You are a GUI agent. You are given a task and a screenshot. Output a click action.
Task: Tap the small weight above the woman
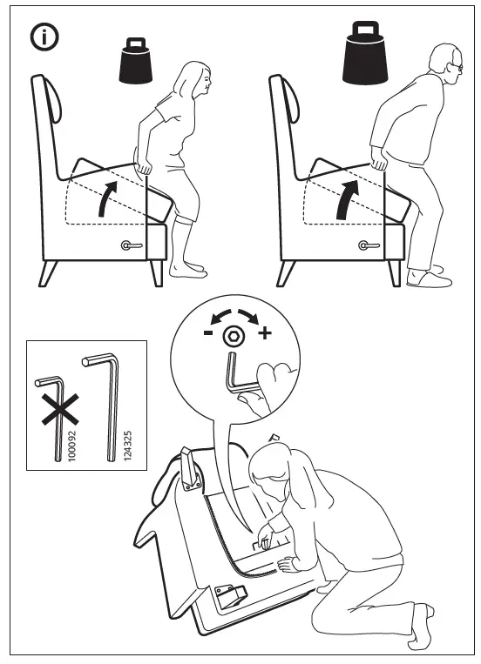[135, 60]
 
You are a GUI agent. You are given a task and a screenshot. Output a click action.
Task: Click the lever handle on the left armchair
[131, 246]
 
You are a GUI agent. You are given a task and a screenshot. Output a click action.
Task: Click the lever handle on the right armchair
[367, 246]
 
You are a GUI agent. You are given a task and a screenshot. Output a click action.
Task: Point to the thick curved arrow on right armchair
[344, 197]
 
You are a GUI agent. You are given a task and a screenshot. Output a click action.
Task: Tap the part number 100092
[71, 444]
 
